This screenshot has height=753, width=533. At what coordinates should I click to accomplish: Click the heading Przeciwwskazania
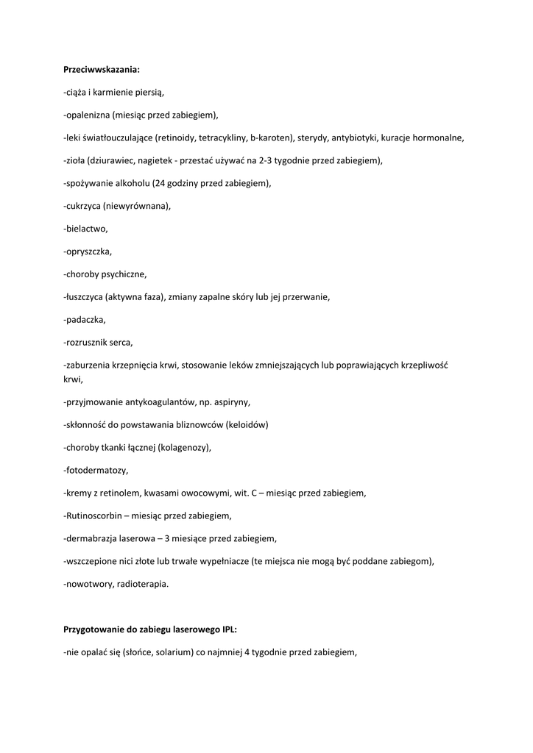pos(101,70)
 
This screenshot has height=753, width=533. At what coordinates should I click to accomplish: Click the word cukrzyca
pos(83,206)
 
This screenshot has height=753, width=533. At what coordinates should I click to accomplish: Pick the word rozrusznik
pos(88,343)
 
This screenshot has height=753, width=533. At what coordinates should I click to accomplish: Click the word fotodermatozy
pos(96,470)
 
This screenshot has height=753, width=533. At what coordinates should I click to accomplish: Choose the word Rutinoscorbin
pos(95,515)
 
